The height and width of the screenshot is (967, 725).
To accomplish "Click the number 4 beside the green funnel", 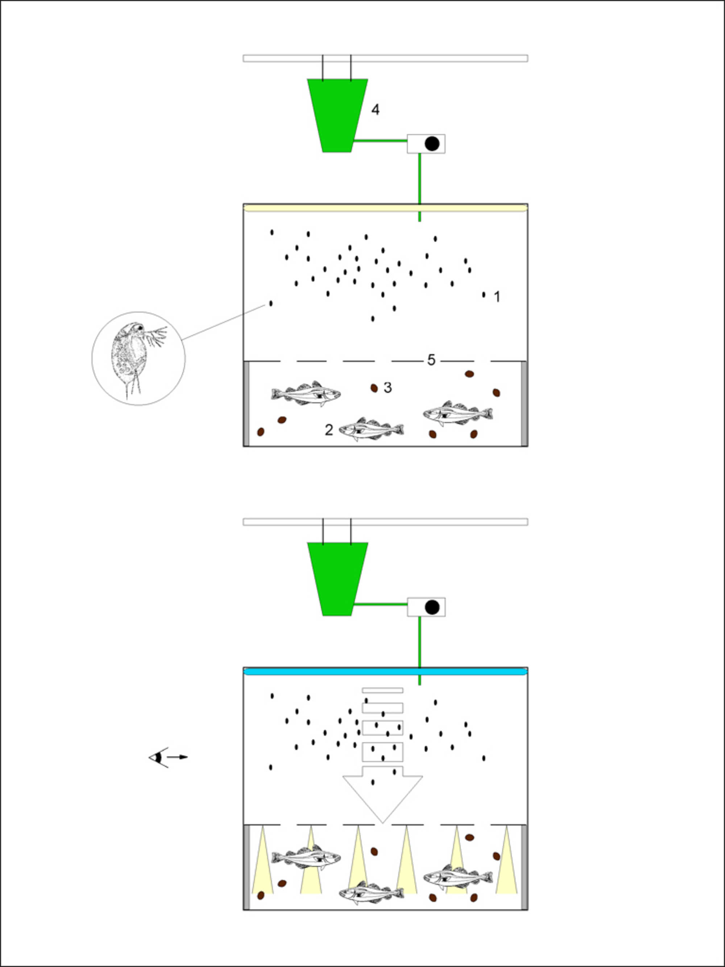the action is click(x=376, y=110).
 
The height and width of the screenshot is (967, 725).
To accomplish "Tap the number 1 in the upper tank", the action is click(x=497, y=297).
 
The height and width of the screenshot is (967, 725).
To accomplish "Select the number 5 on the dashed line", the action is click(x=431, y=360).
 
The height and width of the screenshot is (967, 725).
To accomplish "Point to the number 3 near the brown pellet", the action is click(x=388, y=387).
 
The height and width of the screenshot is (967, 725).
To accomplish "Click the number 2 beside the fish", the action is click(x=329, y=430).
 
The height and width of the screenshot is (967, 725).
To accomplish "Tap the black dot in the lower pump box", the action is click(x=432, y=607).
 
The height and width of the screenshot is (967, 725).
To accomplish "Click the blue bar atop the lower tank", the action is click(x=385, y=671).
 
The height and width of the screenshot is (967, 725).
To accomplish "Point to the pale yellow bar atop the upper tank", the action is click(x=385, y=208).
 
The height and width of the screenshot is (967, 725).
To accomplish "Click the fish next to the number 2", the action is click(x=372, y=430).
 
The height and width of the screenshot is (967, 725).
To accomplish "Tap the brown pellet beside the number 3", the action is click(x=374, y=388).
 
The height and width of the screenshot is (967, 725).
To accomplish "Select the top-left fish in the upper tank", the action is click(x=306, y=393).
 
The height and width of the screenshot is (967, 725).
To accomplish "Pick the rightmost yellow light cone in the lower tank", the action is click(x=506, y=859).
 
